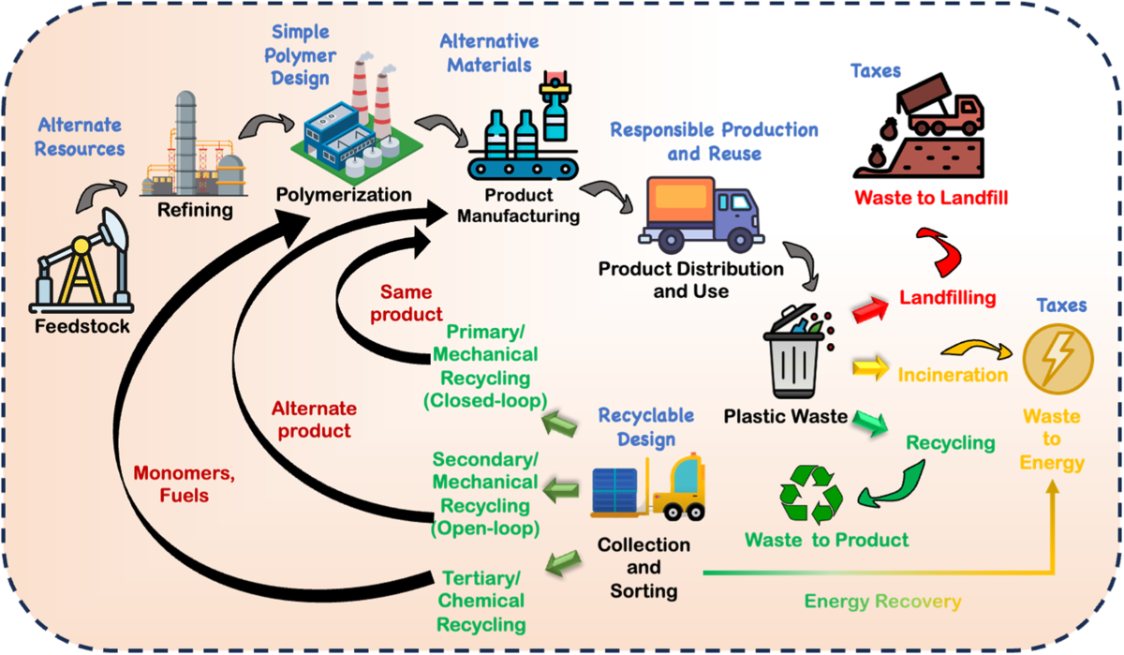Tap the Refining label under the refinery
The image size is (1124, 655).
pos(195,209)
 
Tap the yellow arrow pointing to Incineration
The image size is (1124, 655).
pos(868,369)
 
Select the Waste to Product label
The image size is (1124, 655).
pos(826,540)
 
